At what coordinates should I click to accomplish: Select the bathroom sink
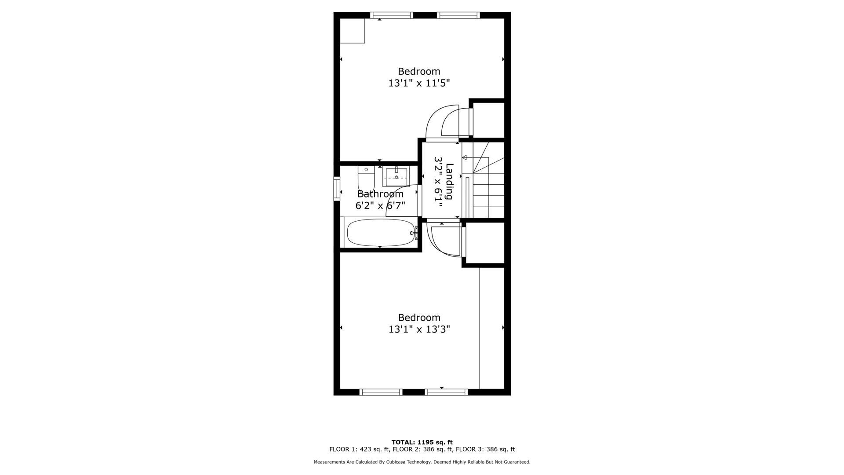(396, 176)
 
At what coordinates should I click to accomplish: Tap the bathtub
(381, 233)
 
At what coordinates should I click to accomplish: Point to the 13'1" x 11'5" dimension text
(419, 83)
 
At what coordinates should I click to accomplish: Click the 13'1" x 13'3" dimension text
(419, 329)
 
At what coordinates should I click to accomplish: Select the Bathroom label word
(380, 194)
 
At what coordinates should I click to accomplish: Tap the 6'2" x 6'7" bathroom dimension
(380, 205)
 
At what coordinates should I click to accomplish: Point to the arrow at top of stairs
(464, 157)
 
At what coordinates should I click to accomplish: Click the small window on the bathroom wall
(337, 188)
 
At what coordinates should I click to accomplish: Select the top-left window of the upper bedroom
(392, 15)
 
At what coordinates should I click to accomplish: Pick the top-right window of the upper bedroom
(458, 15)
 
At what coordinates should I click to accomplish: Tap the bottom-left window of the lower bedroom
(381, 392)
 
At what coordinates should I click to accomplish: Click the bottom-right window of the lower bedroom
(446, 392)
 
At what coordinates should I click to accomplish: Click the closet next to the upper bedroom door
(488, 120)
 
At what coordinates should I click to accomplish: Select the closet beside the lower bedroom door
(485, 243)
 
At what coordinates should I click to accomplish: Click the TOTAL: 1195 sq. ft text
(422, 442)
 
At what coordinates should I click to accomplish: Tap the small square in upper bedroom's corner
(353, 31)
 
